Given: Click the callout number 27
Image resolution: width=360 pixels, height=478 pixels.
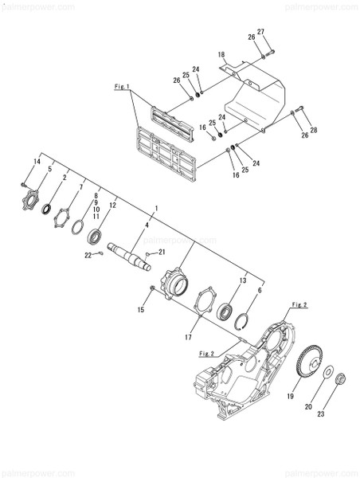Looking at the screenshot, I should pos(260,31).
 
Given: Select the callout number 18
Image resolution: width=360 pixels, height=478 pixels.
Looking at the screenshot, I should pos(222,54).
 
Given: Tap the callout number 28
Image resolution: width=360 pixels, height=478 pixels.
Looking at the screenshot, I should pos(313,130).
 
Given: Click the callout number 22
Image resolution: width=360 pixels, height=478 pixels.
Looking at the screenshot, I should pos(88,255).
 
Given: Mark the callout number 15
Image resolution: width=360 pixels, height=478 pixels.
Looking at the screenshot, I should pos(142,309).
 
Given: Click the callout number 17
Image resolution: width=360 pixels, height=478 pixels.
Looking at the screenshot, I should pos(188,338).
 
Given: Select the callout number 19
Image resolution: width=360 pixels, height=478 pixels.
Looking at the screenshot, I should pos(291,396).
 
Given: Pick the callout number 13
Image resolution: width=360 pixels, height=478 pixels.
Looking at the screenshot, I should pos(242,280).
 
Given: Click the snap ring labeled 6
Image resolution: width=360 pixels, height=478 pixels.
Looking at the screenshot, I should pos(248,322).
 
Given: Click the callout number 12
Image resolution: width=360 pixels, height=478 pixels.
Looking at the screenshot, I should pos(112,205).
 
